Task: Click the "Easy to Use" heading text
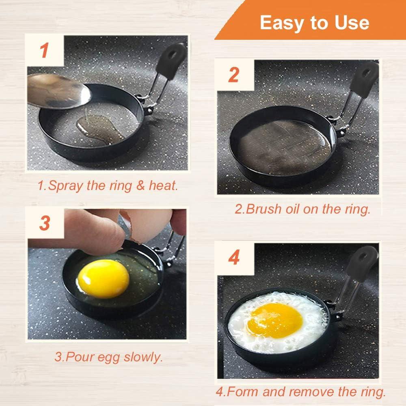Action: [x=314, y=23]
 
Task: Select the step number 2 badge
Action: [x=233, y=75]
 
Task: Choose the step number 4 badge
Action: [x=234, y=258]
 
